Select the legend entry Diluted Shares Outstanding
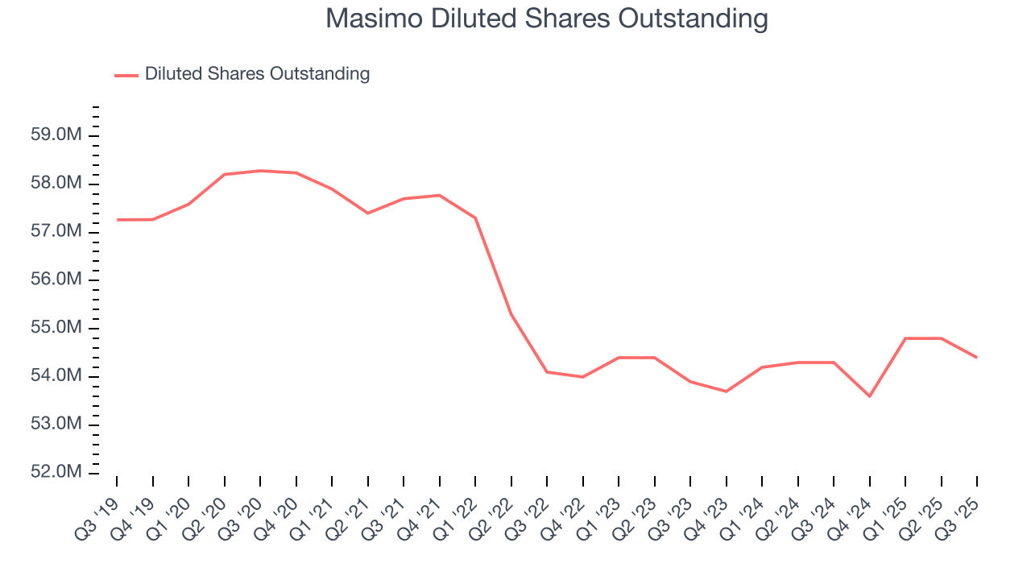coord(257,74)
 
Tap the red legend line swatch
coord(126,75)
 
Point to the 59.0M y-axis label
coord(56,135)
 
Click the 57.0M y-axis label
coord(56,232)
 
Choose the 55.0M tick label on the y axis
coord(56,329)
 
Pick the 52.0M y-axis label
coord(56,473)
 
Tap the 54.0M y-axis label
coord(56,376)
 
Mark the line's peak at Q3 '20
coord(260,171)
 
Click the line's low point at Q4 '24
coord(870,396)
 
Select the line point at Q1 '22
coord(475,217)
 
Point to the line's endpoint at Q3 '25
coord(977,358)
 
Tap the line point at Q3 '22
coord(547,372)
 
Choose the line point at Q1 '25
coord(905,338)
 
